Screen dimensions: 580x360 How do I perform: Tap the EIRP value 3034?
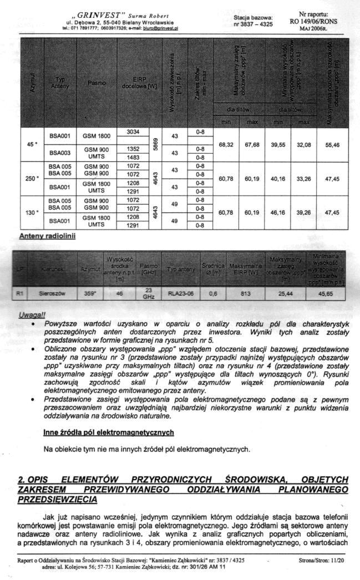(133, 132)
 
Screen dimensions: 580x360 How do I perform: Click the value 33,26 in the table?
(303, 179)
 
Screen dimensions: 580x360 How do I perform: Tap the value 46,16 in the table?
(277, 212)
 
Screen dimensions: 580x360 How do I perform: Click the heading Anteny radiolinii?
(47, 236)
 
